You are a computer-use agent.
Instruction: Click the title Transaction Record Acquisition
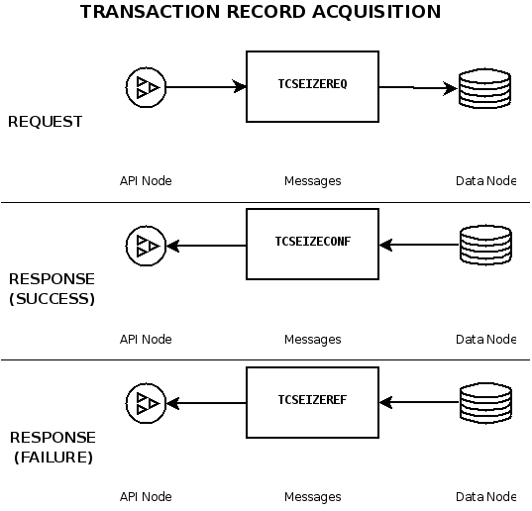(260, 13)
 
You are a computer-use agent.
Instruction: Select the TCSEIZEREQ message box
(312, 87)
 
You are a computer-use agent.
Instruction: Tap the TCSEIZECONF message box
(312, 244)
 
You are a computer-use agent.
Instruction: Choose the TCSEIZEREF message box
(312, 402)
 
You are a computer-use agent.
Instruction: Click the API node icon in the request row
(146, 87)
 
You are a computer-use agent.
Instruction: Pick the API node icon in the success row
(146, 245)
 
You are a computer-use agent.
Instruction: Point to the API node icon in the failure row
(146, 402)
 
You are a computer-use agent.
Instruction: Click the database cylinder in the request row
(484, 88)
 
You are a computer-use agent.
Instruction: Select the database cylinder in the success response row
(484, 245)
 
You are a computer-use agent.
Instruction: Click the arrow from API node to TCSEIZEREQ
(205, 87)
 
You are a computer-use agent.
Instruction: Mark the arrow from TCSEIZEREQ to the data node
(417, 88)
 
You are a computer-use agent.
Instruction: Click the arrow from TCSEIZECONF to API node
(206, 245)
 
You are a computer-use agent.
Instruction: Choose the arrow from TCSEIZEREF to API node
(206, 402)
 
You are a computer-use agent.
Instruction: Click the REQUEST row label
(45, 122)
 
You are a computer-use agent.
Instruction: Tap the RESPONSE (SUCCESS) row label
(51, 289)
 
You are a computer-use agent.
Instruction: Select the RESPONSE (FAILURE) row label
(51, 448)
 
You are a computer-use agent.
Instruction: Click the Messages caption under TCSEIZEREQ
(312, 181)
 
